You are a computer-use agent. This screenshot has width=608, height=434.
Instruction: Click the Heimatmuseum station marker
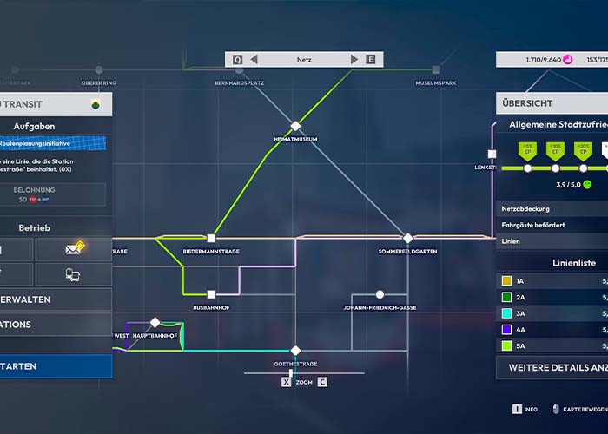[295, 126]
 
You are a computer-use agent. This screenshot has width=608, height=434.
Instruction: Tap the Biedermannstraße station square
[211, 238]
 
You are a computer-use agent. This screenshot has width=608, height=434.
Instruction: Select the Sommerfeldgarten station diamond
[407, 238]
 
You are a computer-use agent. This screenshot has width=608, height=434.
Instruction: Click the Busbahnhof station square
[211, 294]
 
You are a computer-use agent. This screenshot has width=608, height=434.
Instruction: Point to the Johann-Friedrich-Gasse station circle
[380, 294]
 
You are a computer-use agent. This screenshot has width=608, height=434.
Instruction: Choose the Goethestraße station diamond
[295, 351]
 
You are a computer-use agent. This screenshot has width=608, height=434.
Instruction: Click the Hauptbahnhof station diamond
[155, 323]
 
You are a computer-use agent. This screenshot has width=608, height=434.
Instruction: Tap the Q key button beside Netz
[237, 60]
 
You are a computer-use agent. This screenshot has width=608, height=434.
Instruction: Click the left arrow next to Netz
[254, 60]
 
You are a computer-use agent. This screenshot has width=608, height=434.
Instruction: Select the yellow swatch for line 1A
[507, 281]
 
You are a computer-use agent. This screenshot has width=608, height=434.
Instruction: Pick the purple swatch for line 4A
[507, 330]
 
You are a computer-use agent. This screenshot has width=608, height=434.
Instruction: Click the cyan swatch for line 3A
[507, 313]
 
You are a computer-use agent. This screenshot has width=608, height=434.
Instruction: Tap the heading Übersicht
[527, 103]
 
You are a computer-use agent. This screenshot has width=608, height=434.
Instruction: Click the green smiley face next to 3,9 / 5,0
[587, 184]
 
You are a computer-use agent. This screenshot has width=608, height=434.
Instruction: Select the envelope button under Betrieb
[73, 250]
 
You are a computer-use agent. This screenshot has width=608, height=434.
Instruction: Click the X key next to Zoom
[287, 382]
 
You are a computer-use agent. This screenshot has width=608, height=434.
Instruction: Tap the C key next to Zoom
[322, 382]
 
